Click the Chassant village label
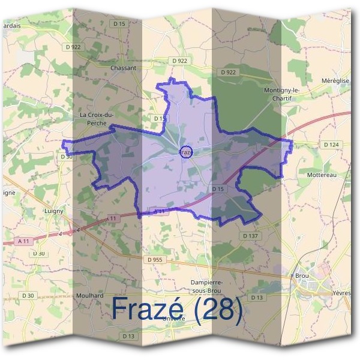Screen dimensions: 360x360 point(124,68)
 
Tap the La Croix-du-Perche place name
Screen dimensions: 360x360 point(97,118)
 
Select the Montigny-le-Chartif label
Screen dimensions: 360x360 point(281,93)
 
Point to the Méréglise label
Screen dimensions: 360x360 point(334,80)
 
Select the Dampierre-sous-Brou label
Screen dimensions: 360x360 point(206,285)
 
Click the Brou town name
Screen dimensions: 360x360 point(302,275)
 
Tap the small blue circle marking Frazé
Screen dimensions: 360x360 point(186,152)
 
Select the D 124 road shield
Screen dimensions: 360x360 point(331,145)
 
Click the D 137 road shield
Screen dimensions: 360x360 point(250,236)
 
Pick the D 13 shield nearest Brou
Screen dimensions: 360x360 point(257,298)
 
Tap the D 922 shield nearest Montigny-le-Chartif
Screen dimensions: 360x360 point(228,72)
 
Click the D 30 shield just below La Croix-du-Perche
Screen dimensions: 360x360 point(67,157)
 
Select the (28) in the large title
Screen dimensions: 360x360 point(219,309)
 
